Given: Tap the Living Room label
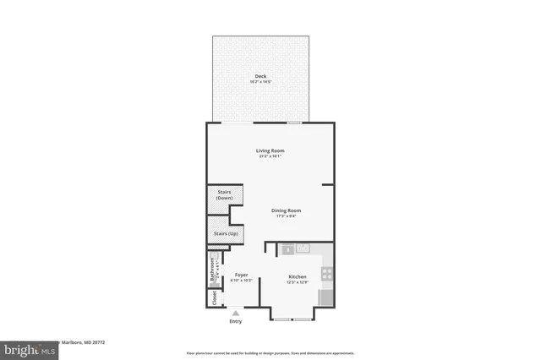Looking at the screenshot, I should pos(270,151).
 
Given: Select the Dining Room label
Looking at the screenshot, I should pos(286,210).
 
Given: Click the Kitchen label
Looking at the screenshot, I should pos(297,276).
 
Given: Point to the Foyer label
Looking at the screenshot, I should pos(241,275).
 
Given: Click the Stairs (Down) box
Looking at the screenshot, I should pos(224,197).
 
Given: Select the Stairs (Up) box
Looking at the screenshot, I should pos(224,232).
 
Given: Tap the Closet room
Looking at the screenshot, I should pos(214,299).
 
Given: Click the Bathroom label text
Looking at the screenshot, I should pos(211,269).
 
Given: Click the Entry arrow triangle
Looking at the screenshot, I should pos(235,313).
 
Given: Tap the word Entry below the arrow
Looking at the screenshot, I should pos(235,322).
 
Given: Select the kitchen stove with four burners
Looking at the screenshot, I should pos(326,273).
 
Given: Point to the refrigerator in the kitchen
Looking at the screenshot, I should pos(325,297).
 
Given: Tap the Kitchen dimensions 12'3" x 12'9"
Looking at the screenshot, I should pos(297,282).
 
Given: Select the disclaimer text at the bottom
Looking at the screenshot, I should pos(270,352).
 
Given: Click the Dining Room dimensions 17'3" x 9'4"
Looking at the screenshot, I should pos(286,216).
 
